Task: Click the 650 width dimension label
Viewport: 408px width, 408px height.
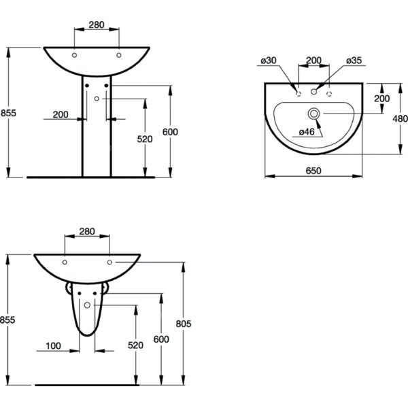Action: click(313, 171)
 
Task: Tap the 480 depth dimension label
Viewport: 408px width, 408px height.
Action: click(401, 118)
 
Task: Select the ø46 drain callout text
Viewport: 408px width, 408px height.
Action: click(307, 132)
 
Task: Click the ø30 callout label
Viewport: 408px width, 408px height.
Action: click(269, 61)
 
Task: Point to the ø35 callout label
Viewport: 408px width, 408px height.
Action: click(354, 61)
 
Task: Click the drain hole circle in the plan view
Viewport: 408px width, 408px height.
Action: click(313, 114)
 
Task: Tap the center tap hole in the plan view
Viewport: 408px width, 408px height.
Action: click(313, 92)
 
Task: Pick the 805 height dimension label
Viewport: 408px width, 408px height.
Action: click(184, 324)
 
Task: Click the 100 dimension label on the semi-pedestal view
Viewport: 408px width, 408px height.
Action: click(53, 346)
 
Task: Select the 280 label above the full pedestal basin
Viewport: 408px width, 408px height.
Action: click(97, 24)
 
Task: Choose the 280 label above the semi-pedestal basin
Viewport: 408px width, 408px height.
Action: click(87, 231)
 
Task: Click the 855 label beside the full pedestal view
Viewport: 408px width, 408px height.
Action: click(8, 113)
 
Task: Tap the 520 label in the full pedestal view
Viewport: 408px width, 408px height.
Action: click(145, 139)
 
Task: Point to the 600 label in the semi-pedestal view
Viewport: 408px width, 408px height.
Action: click(161, 339)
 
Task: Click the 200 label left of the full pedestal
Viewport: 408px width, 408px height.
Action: click(61, 114)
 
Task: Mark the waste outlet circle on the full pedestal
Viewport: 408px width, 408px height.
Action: click(97, 99)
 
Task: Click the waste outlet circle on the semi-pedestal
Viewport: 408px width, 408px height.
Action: click(87, 305)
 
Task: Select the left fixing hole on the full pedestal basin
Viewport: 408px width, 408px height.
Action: click(74, 55)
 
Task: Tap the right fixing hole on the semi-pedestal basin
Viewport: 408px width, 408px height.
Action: click(109, 262)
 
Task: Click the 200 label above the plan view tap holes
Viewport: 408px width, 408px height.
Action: click(313, 61)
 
